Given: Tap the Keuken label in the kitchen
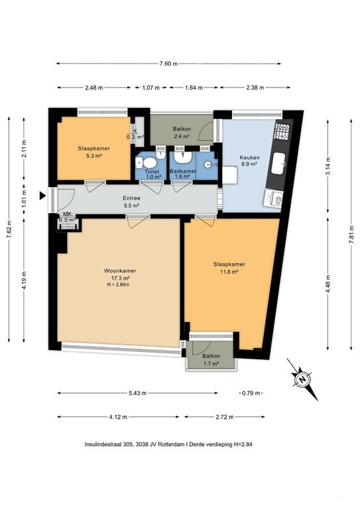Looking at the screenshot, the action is click(249, 158).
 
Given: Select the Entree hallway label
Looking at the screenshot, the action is click(131, 198).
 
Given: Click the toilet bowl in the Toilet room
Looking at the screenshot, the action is click(149, 163).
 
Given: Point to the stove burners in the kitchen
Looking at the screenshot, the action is click(282, 130).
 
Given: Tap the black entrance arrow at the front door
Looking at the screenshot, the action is click(42, 196).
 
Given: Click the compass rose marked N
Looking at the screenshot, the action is click(302, 379).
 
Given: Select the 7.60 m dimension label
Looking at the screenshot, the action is click(168, 64).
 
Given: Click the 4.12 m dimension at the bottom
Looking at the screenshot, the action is click(118, 417).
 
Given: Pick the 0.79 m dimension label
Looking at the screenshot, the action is click(251, 393).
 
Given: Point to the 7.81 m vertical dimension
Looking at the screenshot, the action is click(351, 235).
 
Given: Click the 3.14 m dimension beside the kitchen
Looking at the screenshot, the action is click(328, 166).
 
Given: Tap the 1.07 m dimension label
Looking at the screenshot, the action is click(151, 87).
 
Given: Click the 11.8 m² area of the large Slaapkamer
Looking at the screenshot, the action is click(229, 272).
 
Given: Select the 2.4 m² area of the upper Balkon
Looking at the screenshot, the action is click(182, 137).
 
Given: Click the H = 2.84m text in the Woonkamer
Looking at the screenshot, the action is click(118, 285).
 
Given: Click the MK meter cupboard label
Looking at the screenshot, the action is click(68, 214).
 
